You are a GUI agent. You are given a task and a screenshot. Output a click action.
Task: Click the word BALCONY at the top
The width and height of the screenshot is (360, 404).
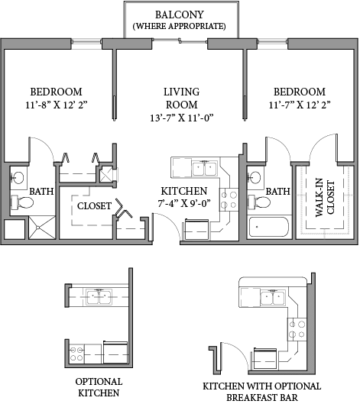coord(180,15)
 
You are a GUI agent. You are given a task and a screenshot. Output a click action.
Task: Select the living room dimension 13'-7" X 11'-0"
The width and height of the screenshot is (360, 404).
coord(180,118)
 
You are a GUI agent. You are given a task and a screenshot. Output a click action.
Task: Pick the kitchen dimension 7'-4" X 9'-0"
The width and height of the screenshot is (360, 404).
coord(183,204)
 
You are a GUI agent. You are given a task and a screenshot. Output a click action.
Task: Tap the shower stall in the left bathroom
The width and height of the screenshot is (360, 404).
coord(41,228)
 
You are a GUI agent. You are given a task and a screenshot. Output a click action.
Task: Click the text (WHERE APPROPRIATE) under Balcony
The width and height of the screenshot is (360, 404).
coord(180,26)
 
